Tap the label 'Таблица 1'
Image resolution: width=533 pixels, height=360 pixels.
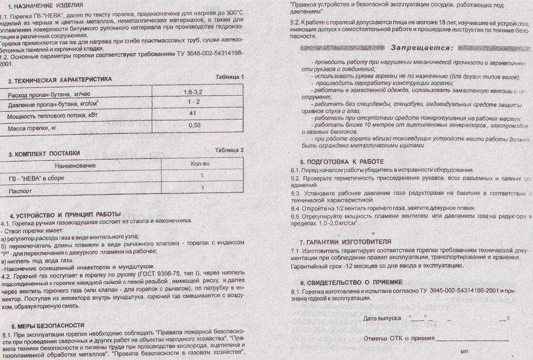coord(229,77)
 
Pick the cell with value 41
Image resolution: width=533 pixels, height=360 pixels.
coord(193,113)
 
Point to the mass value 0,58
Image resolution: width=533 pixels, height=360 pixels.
coord(194,125)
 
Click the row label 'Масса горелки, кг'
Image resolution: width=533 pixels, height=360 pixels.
coord(32,128)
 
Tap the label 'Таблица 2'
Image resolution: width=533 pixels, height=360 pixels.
coord(229,150)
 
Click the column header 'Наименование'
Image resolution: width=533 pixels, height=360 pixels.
coord(74,165)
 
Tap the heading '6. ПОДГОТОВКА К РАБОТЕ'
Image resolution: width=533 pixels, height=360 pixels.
coord(342,161)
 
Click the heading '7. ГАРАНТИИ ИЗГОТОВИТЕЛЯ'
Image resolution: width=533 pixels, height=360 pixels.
coord(345,242)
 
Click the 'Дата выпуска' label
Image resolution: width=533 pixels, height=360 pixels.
coord(382,318)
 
